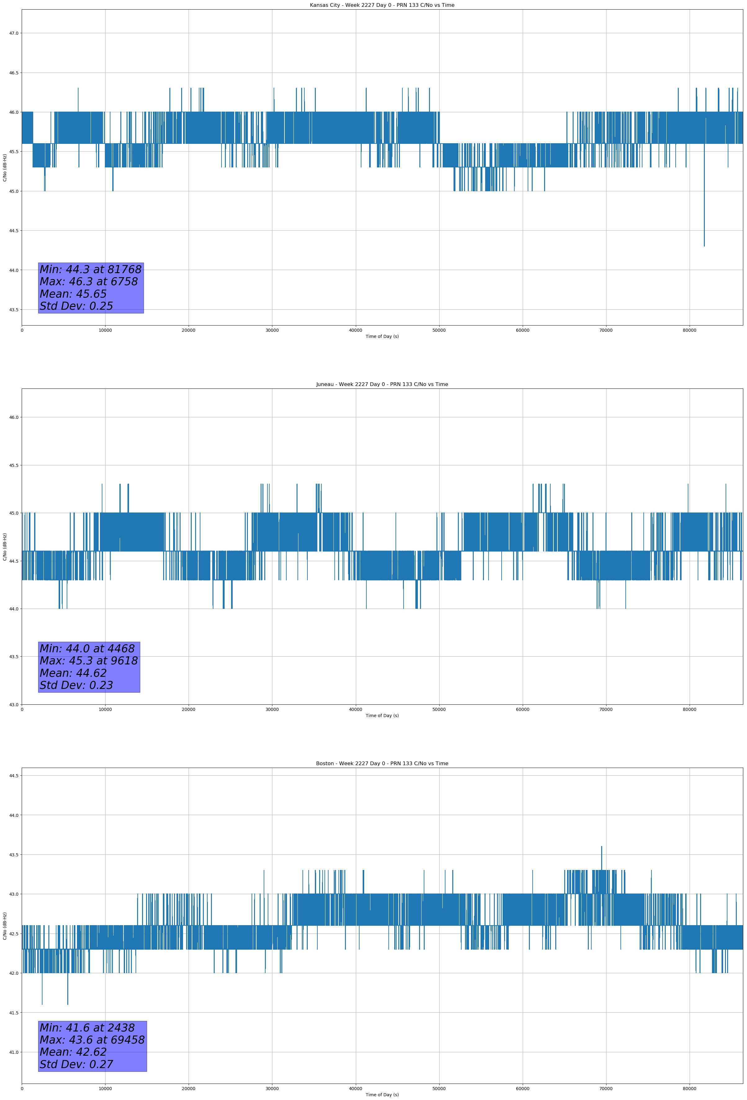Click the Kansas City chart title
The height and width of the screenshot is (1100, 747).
coord(382,5)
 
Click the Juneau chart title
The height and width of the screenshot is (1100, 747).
coord(382,384)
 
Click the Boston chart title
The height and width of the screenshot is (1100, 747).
coord(382,764)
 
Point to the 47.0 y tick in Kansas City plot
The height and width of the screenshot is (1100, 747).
coord(14,33)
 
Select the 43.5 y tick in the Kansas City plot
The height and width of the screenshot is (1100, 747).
coord(14,309)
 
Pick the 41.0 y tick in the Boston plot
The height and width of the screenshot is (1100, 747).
coord(14,1052)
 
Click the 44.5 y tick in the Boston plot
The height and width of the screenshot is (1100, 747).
coord(14,775)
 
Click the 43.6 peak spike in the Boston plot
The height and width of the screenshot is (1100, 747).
coord(602,847)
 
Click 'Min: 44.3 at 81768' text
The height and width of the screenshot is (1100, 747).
coord(91,269)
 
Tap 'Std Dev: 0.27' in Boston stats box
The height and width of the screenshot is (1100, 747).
coord(76,1064)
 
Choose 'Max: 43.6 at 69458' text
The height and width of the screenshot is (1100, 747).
coord(92,1040)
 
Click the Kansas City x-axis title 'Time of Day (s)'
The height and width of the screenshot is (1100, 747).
coord(382,336)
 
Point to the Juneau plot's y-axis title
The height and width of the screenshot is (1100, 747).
coord(5,547)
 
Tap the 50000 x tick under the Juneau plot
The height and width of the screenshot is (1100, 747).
coord(439,709)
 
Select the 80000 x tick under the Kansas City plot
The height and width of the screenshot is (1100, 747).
coord(689,330)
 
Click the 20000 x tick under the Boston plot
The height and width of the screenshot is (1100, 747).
coord(189,1089)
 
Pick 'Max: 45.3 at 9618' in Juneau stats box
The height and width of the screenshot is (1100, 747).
coord(89,661)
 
